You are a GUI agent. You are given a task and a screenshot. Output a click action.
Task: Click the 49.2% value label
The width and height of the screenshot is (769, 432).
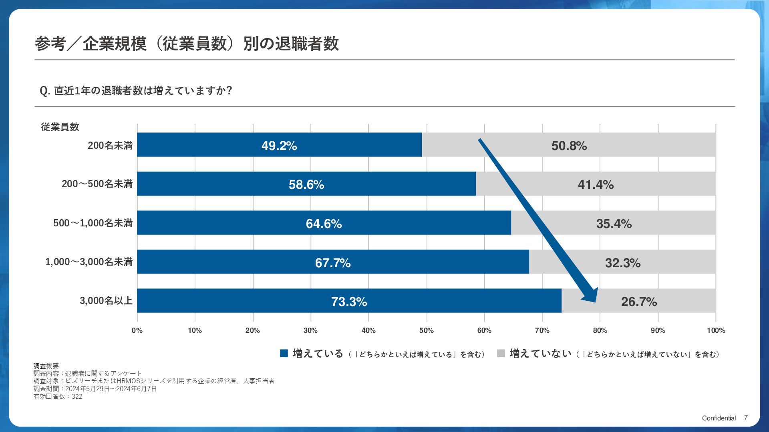279,146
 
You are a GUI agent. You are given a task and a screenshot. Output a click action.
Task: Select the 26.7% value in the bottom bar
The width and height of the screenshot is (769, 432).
639,302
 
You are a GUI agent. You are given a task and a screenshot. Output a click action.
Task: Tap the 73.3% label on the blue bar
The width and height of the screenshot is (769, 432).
349,302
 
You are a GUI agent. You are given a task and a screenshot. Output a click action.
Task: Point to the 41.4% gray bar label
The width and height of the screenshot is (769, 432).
596,184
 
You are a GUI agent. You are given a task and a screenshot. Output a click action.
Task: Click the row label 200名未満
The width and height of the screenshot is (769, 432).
110,145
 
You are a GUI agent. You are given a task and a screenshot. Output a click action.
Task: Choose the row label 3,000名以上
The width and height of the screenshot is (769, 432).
106,300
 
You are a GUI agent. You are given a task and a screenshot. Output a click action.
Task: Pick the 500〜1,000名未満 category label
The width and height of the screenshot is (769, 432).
93,223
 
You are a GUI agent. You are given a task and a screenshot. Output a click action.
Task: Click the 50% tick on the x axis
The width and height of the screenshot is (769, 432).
426,330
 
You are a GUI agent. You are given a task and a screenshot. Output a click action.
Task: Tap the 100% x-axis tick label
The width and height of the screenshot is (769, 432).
715,330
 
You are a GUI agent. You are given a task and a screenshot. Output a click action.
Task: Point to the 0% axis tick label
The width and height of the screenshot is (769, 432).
137,330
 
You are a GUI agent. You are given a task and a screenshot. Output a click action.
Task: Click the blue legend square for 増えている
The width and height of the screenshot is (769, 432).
284,354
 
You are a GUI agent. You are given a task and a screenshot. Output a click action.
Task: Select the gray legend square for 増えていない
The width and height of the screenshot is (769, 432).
501,354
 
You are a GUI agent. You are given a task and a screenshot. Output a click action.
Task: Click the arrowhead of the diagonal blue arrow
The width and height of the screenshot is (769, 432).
590,296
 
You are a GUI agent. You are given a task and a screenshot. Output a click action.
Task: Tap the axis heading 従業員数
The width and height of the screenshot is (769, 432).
60,127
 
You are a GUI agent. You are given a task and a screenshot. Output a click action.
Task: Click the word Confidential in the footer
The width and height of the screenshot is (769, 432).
719,418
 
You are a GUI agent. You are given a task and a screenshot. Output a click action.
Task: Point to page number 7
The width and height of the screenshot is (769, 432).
746,418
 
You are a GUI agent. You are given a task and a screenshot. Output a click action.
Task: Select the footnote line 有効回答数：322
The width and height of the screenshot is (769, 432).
58,396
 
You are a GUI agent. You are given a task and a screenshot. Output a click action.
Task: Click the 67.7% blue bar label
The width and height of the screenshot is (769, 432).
332,263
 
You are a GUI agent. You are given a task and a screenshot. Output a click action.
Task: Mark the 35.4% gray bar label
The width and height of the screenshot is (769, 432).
614,224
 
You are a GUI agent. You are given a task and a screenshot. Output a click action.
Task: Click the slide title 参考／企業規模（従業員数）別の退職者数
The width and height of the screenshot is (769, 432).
187,44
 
